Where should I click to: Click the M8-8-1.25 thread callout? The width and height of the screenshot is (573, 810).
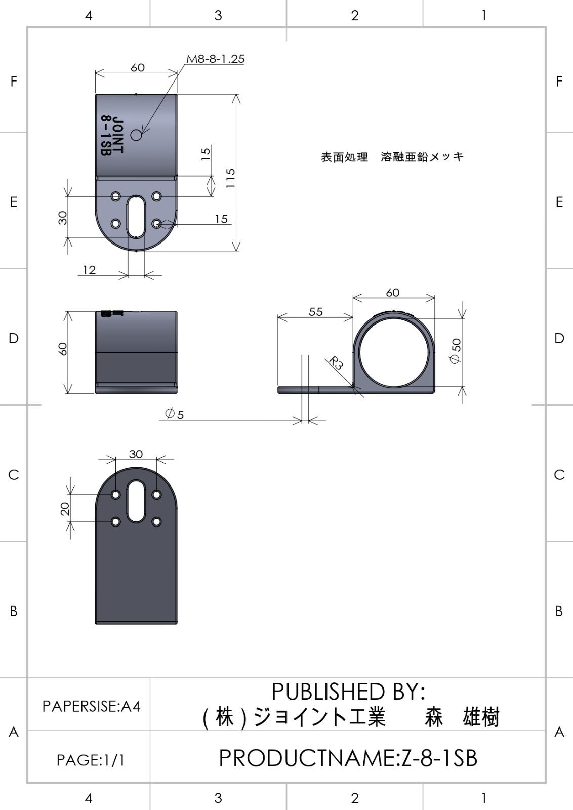[216, 59]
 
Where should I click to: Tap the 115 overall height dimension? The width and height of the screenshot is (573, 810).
[230, 178]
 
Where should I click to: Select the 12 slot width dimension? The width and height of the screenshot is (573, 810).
[89, 270]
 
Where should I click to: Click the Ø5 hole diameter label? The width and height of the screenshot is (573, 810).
[174, 413]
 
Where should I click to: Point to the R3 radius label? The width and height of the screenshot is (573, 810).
[336, 362]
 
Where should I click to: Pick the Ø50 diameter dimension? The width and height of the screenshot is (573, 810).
[456, 351]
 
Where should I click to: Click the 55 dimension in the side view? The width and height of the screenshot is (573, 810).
[315, 312]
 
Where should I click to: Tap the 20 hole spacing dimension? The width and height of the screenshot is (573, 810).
[65, 508]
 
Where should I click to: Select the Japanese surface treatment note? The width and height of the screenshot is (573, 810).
[392, 157]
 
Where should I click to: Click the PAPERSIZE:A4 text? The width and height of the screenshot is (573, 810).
[91, 706]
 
